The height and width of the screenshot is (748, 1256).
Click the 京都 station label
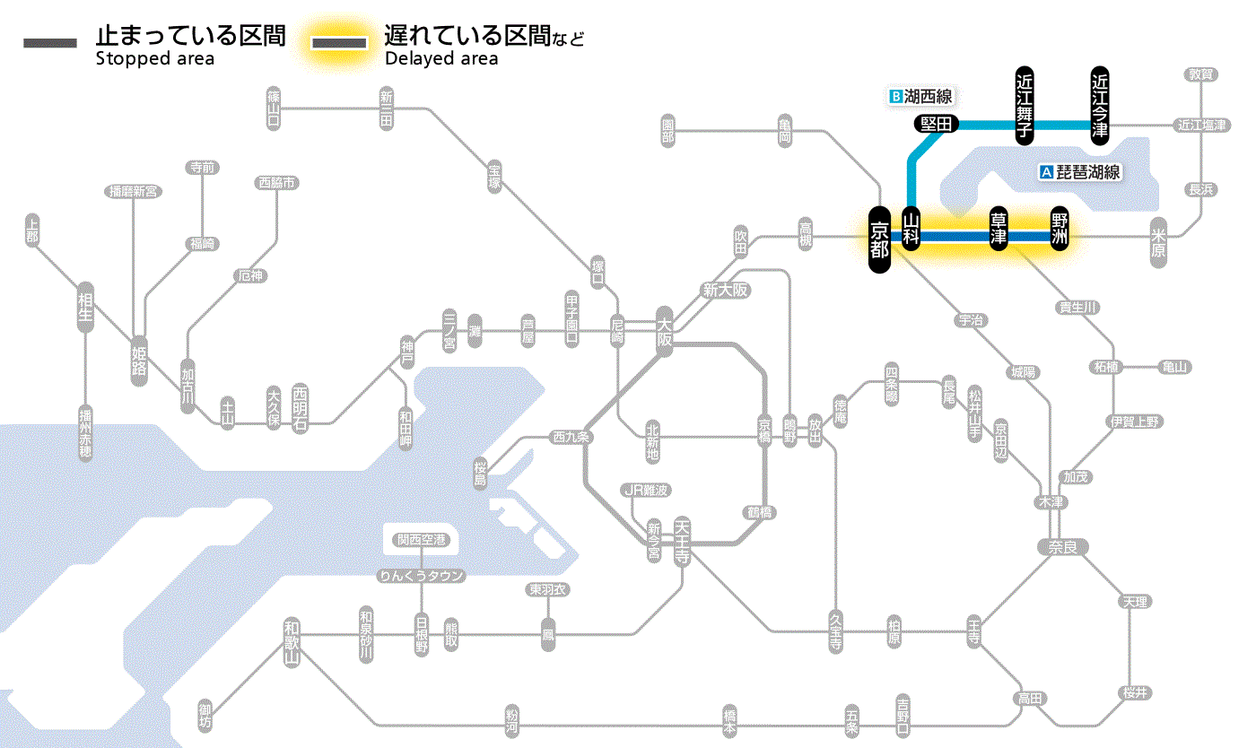tap(879, 239)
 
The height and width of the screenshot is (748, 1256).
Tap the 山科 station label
tap(911, 230)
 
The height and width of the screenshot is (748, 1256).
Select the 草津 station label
tap(998, 230)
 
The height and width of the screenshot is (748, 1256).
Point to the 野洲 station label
tap(1060, 230)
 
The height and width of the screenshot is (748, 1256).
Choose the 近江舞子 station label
tap(1025, 104)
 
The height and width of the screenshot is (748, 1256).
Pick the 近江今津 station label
tap(1100, 104)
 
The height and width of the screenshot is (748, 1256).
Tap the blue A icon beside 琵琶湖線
tap(1044, 173)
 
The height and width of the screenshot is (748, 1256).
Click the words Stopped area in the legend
tap(154, 59)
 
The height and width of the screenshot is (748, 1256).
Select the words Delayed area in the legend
tap(441, 59)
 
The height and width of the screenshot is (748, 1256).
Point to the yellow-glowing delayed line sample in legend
tap(339, 43)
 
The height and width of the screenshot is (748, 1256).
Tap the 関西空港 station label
tap(421, 540)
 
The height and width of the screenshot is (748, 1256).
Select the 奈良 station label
tap(1061, 545)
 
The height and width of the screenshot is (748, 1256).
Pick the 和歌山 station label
tap(292, 642)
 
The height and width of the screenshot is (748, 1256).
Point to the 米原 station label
tap(1159, 244)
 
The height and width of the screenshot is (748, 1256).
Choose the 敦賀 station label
tap(1201, 74)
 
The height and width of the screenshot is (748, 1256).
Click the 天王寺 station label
tap(682, 542)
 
